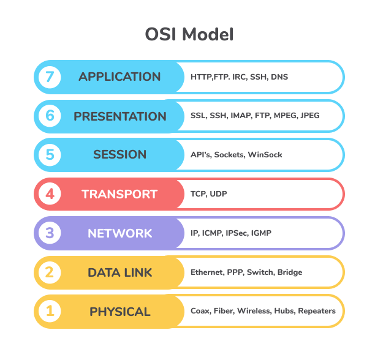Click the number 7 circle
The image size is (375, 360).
click(50, 77)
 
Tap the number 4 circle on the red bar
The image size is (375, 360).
click(50, 194)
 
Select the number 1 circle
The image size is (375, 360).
click(50, 312)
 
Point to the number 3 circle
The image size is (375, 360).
click(50, 233)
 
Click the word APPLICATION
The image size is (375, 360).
click(119, 77)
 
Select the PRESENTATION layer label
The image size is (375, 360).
click(120, 116)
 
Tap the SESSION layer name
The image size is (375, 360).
click(119, 155)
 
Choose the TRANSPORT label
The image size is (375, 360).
click(119, 194)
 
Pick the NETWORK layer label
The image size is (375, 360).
click(119, 233)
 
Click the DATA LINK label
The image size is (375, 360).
click(119, 272)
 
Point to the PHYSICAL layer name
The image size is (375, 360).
click(119, 312)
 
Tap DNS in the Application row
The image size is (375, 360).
click(279, 77)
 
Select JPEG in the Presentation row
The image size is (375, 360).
click(309, 116)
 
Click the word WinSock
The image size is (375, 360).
click(265, 155)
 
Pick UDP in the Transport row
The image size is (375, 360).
click(219, 194)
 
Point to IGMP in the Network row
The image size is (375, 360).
click(260, 233)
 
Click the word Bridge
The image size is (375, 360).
click(289, 272)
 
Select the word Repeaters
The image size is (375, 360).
click(316, 311)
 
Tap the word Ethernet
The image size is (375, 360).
click(206, 272)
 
